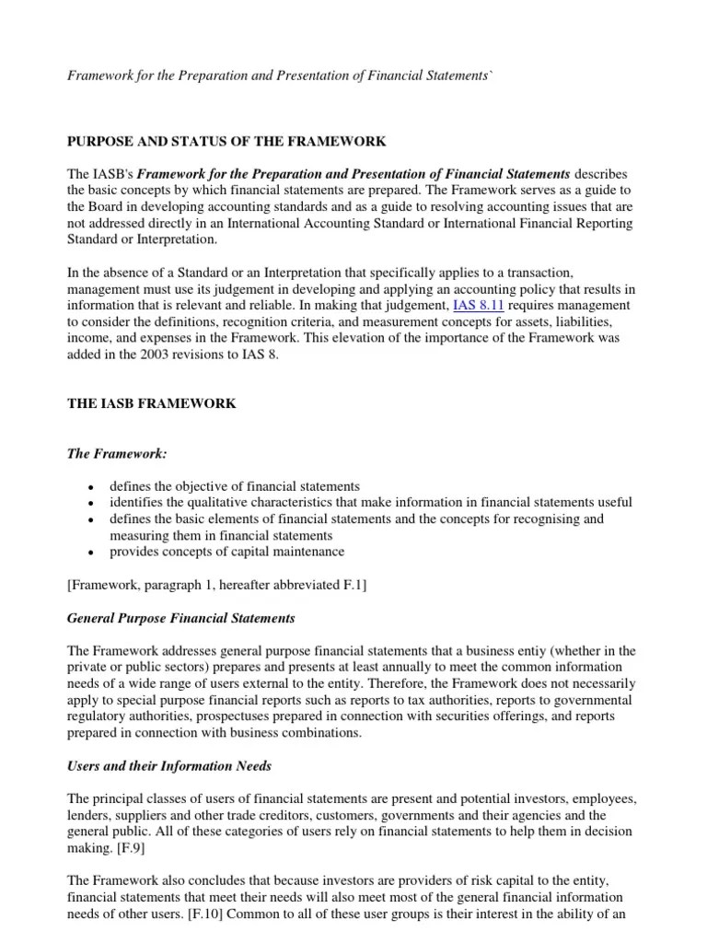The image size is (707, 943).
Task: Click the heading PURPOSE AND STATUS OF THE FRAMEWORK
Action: pyautogui.click(x=226, y=141)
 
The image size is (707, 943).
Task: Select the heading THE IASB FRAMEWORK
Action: pyautogui.click(x=152, y=402)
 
